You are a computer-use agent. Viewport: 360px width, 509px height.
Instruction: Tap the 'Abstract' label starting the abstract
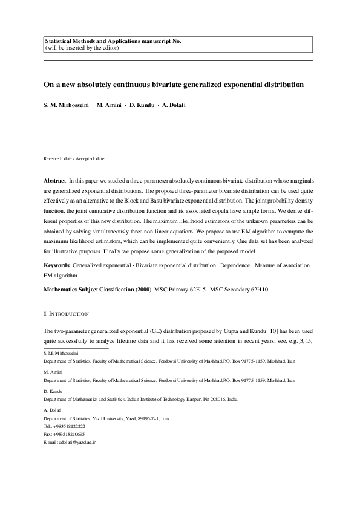tap(55, 181)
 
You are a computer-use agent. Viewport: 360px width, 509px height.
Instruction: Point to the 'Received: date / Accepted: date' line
tap(74, 158)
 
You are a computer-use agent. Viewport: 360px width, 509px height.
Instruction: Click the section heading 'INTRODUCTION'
tap(68, 314)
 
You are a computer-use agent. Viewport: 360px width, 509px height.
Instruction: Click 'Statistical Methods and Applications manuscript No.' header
tap(113, 41)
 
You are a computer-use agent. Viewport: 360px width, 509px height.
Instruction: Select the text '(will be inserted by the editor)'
tap(82, 48)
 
